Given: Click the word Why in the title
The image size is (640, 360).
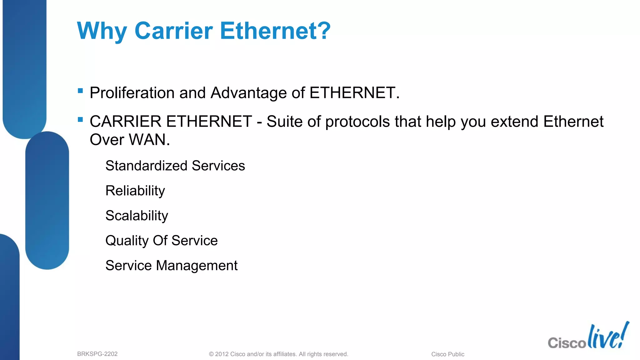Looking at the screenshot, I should tap(102, 31).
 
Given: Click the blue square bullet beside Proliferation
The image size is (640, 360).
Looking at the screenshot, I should tap(80, 91).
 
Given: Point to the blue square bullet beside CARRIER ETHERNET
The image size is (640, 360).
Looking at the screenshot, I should tap(80, 120).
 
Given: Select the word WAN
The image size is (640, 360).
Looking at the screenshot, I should tap(149, 140).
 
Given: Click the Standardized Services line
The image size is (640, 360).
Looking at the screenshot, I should tap(175, 166).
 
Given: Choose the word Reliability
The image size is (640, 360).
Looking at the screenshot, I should tap(135, 191).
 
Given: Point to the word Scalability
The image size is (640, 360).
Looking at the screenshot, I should tap(137, 216).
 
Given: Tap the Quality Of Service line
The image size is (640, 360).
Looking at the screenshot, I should tap(161, 241).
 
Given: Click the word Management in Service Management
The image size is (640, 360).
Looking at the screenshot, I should tap(197, 266).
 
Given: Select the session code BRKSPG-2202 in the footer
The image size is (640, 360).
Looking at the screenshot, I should tap(97, 354).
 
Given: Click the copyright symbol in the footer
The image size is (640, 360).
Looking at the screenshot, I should tap(211, 354).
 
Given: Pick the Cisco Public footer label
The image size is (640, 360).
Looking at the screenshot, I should tap(447, 354).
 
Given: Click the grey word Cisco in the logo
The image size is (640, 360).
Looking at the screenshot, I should tap(567, 343).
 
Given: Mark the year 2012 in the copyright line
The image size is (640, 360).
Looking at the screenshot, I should tap(222, 354).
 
